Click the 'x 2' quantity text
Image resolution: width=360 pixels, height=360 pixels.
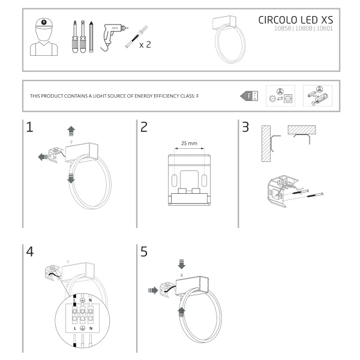click(144, 45)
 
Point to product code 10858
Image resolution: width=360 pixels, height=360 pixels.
click(283, 28)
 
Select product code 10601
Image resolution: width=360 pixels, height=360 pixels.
click(324, 28)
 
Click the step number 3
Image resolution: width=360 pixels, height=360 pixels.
click(245, 127)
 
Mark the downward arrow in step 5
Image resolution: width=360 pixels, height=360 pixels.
click(181, 264)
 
